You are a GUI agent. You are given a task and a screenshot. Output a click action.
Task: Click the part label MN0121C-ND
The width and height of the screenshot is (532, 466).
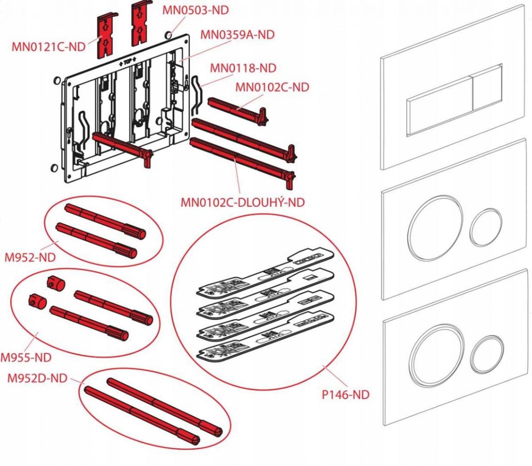coord(49,47)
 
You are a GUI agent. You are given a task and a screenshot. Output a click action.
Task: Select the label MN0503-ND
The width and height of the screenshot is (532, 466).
coord(196,10)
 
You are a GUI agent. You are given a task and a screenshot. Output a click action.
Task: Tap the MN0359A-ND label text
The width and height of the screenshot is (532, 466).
coord(237,34)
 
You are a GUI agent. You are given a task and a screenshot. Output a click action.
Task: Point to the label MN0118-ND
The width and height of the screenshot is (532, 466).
coord(243,68)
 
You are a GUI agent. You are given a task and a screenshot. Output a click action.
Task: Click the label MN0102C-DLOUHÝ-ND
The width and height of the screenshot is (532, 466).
coord(243,202)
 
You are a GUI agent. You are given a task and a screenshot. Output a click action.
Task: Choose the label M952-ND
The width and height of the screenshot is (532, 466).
coord(30,257)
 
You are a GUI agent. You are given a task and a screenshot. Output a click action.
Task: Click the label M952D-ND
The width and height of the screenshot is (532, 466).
coord(38,378)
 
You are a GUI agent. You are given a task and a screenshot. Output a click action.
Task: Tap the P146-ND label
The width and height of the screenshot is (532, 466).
coord(345,394)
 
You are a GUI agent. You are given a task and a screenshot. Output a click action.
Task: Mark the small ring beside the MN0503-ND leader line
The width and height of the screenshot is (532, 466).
coord(168,34)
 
